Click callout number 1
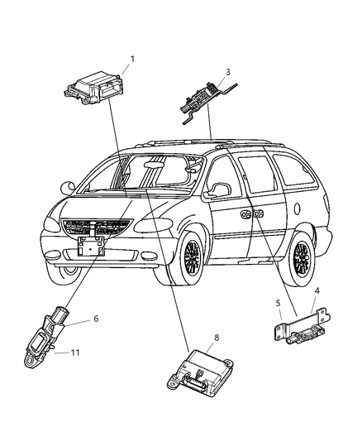point(131,60)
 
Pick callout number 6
point(96,318)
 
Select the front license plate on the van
point(89,246)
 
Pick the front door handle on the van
point(247,214)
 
